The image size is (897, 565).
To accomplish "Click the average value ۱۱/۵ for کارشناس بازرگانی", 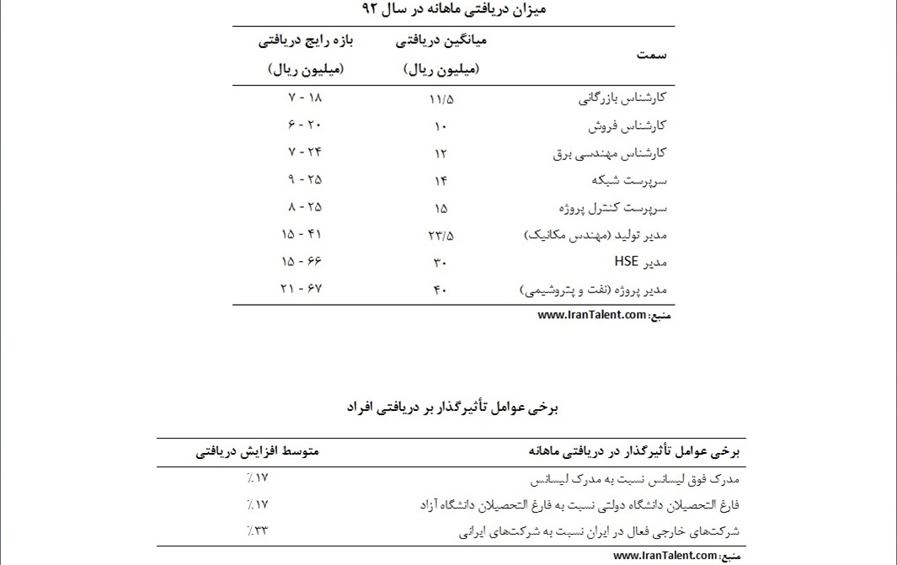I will point(440,99).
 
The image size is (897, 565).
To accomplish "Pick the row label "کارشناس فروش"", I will point(627,125).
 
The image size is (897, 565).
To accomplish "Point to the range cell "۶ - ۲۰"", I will point(305,125).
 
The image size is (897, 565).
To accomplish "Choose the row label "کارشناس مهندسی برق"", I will point(610,153).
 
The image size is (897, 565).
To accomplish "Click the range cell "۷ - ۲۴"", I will point(305,152).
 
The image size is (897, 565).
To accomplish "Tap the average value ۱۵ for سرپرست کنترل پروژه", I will point(440,208).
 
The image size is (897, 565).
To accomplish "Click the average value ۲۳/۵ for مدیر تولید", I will point(440,236).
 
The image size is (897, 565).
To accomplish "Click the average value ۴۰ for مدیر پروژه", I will point(440,290).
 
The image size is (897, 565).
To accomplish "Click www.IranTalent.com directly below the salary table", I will point(592,316).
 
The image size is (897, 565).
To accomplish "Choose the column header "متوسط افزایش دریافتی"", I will point(258,452).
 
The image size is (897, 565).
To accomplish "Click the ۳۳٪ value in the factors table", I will point(257,530).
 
